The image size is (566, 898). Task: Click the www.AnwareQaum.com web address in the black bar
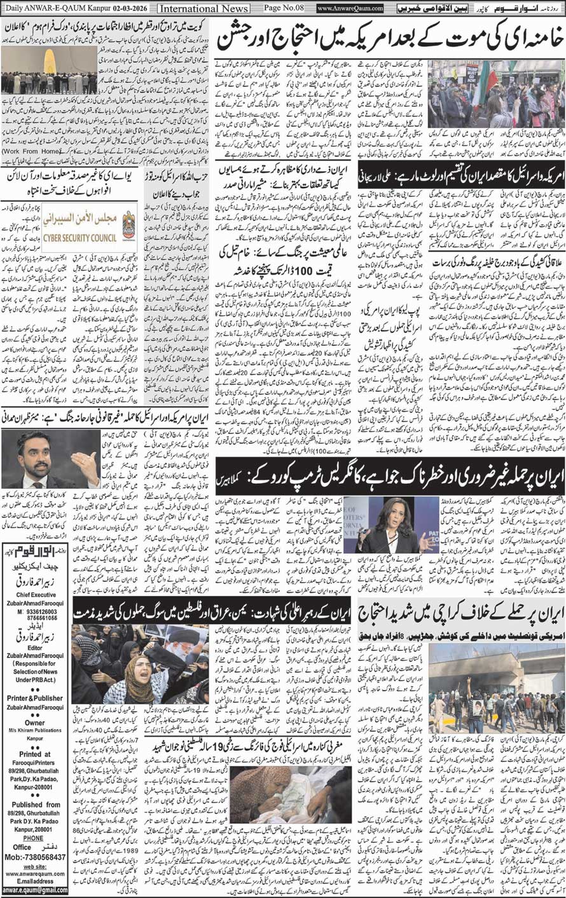pos(350,8)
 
